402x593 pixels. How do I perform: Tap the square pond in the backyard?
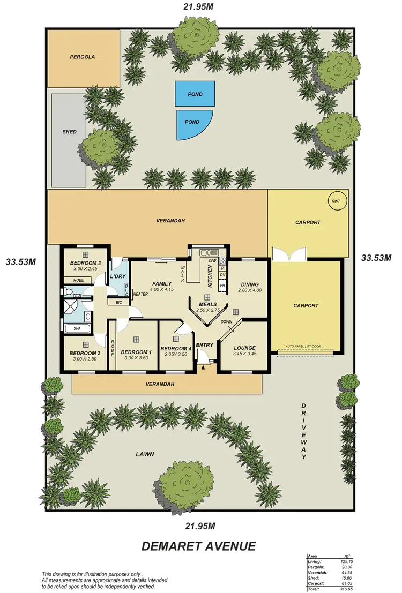tap(195, 94)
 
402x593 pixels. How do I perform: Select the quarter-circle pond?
tap(193, 123)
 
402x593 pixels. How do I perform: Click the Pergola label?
tap(82, 56)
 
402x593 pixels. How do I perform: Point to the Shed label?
tap(69, 132)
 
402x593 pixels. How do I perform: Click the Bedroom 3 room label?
tap(85, 263)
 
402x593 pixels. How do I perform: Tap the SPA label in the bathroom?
tap(71, 328)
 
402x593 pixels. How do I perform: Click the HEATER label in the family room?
tap(140, 294)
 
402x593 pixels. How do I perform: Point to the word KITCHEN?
tap(210, 275)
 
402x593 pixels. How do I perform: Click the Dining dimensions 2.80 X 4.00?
tap(250, 290)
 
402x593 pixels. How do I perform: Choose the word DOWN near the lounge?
tap(226, 322)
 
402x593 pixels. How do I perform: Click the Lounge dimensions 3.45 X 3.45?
tap(244, 354)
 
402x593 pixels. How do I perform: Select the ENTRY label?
tap(204, 345)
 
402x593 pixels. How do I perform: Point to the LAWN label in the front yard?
tap(145, 454)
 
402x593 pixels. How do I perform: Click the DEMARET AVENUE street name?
tap(198, 546)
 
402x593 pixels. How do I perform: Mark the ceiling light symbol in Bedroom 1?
tap(137, 339)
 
